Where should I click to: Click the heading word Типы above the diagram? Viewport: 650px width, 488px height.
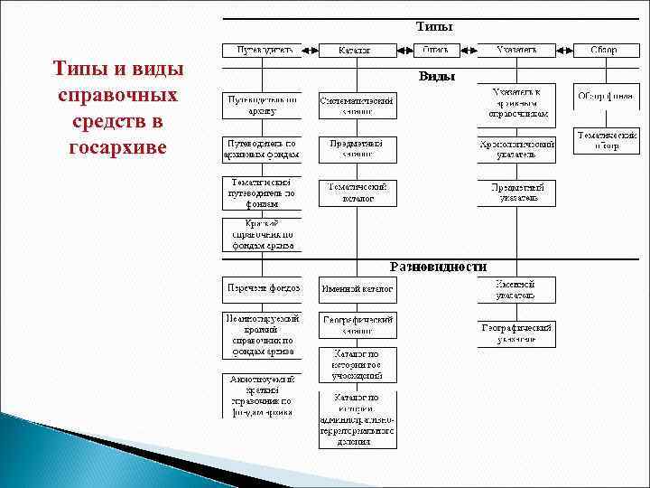point(433,27)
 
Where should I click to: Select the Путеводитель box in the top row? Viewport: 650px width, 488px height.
point(263,50)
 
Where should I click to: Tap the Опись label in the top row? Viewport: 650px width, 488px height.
point(436,50)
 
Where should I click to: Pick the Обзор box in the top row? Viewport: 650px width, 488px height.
point(604,50)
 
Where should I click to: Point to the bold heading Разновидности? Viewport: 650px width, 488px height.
point(438,267)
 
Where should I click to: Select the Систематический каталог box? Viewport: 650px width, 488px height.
point(357,104)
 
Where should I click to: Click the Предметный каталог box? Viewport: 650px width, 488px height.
point(357,149)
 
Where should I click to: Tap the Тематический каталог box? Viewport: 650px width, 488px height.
point(357,192)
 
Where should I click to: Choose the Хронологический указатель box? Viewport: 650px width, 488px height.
point(515,149)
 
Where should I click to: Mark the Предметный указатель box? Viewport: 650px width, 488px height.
point(515,192)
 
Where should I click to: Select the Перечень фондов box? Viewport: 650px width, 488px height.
point(263,289)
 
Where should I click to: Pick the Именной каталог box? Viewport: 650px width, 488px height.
point(357,289)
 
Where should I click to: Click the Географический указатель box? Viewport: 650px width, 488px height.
point(515,333)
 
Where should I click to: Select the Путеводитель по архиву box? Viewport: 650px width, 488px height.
point(263,105)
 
